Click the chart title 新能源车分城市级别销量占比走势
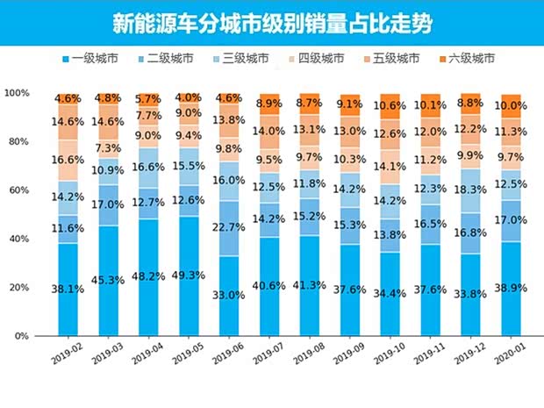[272, 21]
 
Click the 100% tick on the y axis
[16, 93]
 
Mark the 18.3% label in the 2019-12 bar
[470, 189]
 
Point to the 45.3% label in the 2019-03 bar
[108, 281]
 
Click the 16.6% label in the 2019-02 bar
[68, 160]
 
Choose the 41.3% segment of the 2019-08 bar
[310, 286]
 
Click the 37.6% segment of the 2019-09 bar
[349, 290]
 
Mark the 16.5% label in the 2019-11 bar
[430, 224]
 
